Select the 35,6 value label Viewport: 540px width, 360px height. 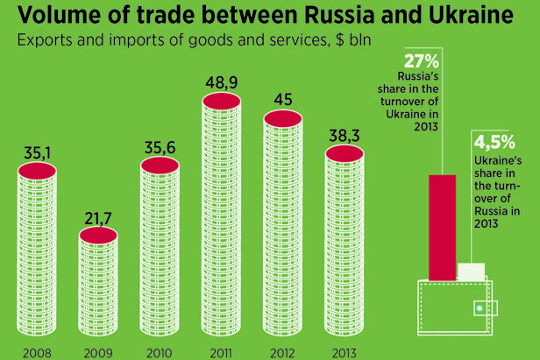[x=160, y=147]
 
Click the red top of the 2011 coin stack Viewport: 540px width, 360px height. [x=222, y=102]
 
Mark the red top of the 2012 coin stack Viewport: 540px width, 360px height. [x=283, y=116]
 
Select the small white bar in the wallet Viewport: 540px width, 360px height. [x=471, y=272]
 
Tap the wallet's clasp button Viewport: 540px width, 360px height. [x=479, y=307]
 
